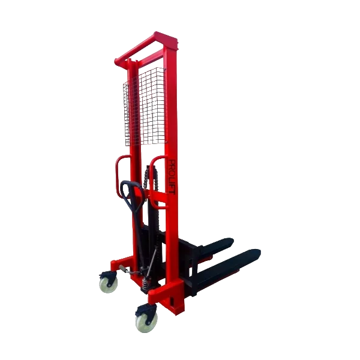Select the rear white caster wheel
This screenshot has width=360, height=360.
click(x=109, y=284)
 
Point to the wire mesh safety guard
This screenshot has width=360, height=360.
click(x=145, y=107)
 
